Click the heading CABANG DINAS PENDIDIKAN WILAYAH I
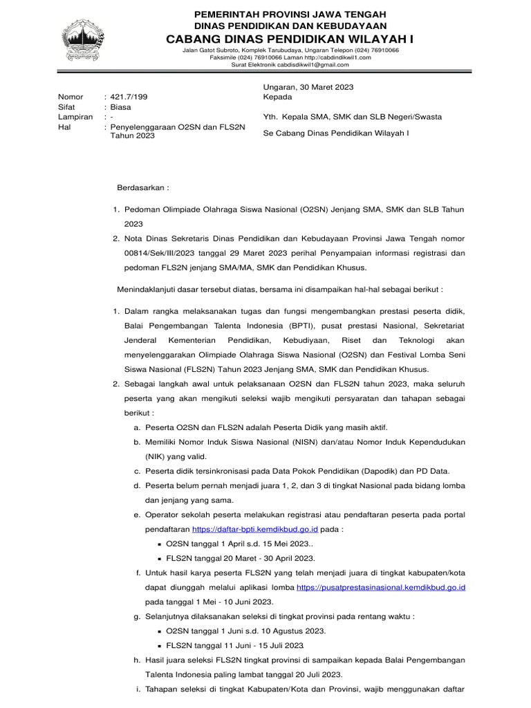tap(290, 40)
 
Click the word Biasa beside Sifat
tap(120, 107)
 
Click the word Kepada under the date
tap(278, 97)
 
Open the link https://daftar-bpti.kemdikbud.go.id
tap(254, 529)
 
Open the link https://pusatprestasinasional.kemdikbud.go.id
tap(381, 587)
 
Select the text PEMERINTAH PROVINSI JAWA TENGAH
tap(290, 14)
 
